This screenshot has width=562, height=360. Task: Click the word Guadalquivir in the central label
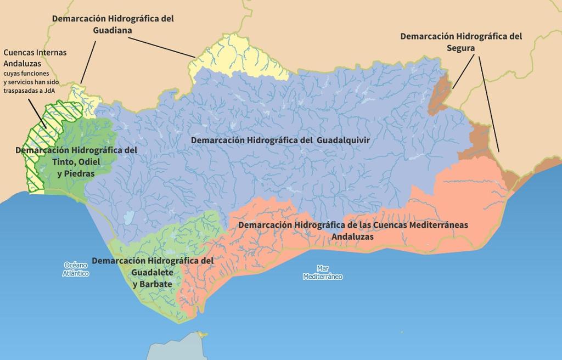(344, 140)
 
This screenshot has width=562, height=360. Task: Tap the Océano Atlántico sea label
(76, 269)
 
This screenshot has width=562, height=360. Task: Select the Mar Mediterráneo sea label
(322, 273)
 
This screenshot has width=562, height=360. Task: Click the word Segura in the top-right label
(460, 48)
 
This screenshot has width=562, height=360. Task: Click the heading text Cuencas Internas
(35, 53)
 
